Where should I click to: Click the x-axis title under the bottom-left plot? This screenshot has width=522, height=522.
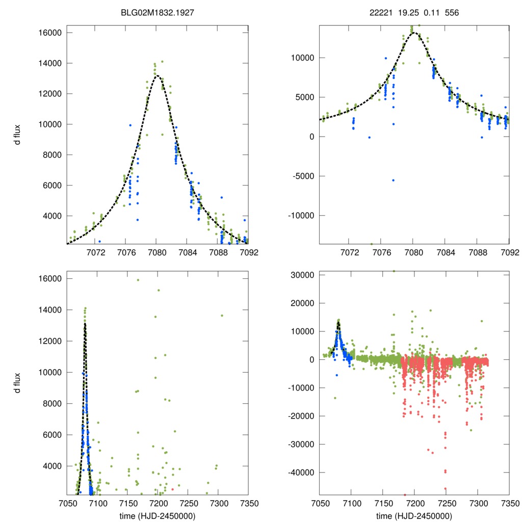pos(157,515)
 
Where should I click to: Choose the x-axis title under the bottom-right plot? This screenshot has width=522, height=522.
pos(414,515)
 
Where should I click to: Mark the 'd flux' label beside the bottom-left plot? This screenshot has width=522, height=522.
pos(17,383)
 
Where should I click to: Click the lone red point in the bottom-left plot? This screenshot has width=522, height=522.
pos(172,489)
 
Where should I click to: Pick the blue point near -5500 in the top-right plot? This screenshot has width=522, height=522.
pos(394,180)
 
